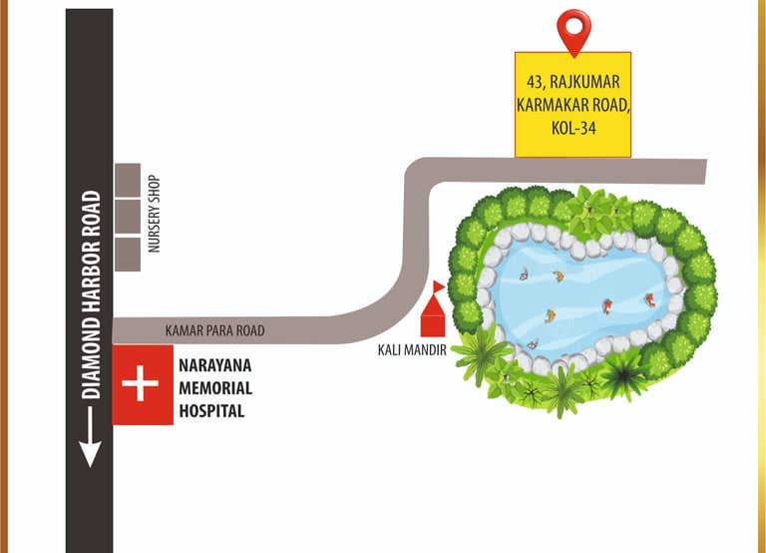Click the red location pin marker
click(x=574, y=30)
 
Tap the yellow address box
click(x=573, y=104)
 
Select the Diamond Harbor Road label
click(x=92, y=294)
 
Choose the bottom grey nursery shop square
click(x=127, y=254)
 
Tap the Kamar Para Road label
click(x=214, y=330)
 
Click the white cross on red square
click(x=143, y=386)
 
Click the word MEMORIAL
click(x=214, y=388)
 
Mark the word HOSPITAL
click(x=211, y=410)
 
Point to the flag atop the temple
click(x=439, y=286)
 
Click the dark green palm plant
click(x=625, y=372)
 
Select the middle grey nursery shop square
click(x=127, y=217)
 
